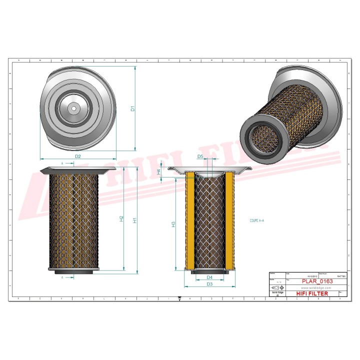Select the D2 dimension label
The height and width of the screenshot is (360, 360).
click(x=78, y=156)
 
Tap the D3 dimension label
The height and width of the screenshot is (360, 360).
click(x=210, y=284)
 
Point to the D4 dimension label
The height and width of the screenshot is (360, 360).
click(x=210, y=277)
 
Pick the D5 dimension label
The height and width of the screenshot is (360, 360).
click(x=200, y=156)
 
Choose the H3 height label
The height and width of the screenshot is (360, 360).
click(x=173, y=224)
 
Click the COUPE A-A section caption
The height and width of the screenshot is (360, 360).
click(x=257, y=220)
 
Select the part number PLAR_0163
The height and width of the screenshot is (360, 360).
click(x=317, y=281)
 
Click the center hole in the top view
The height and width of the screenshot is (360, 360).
click(x=73, y=107)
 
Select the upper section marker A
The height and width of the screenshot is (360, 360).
click(x=62, y=163)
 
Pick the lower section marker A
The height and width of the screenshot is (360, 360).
click(x=62, y=276)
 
